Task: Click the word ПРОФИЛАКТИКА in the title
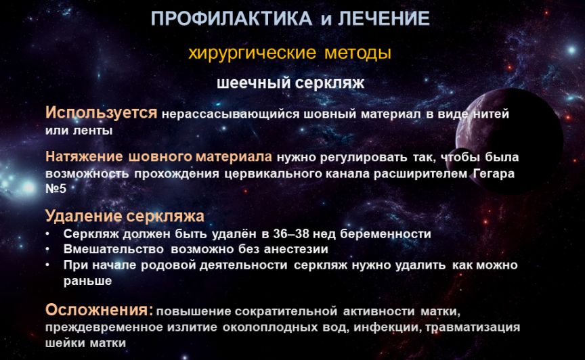point(232,19)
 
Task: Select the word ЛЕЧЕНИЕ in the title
point(384,19)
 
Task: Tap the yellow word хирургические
point(252,53)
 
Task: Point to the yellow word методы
point(357,53)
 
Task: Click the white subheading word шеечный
point(252,83)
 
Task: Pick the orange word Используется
point(101,112)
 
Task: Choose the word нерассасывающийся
point(230,114)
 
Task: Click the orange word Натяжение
point(84,156)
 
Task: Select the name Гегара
point(494,174)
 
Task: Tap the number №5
point(56,188)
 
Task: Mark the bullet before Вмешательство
point(48,249)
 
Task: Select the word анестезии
point(296,249)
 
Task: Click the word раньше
point(87,281)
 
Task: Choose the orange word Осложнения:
point(100,310)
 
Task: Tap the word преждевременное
point(104,327)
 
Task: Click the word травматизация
point(473,327)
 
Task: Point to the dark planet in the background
point(509,141)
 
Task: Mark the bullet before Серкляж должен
point(48,233)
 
